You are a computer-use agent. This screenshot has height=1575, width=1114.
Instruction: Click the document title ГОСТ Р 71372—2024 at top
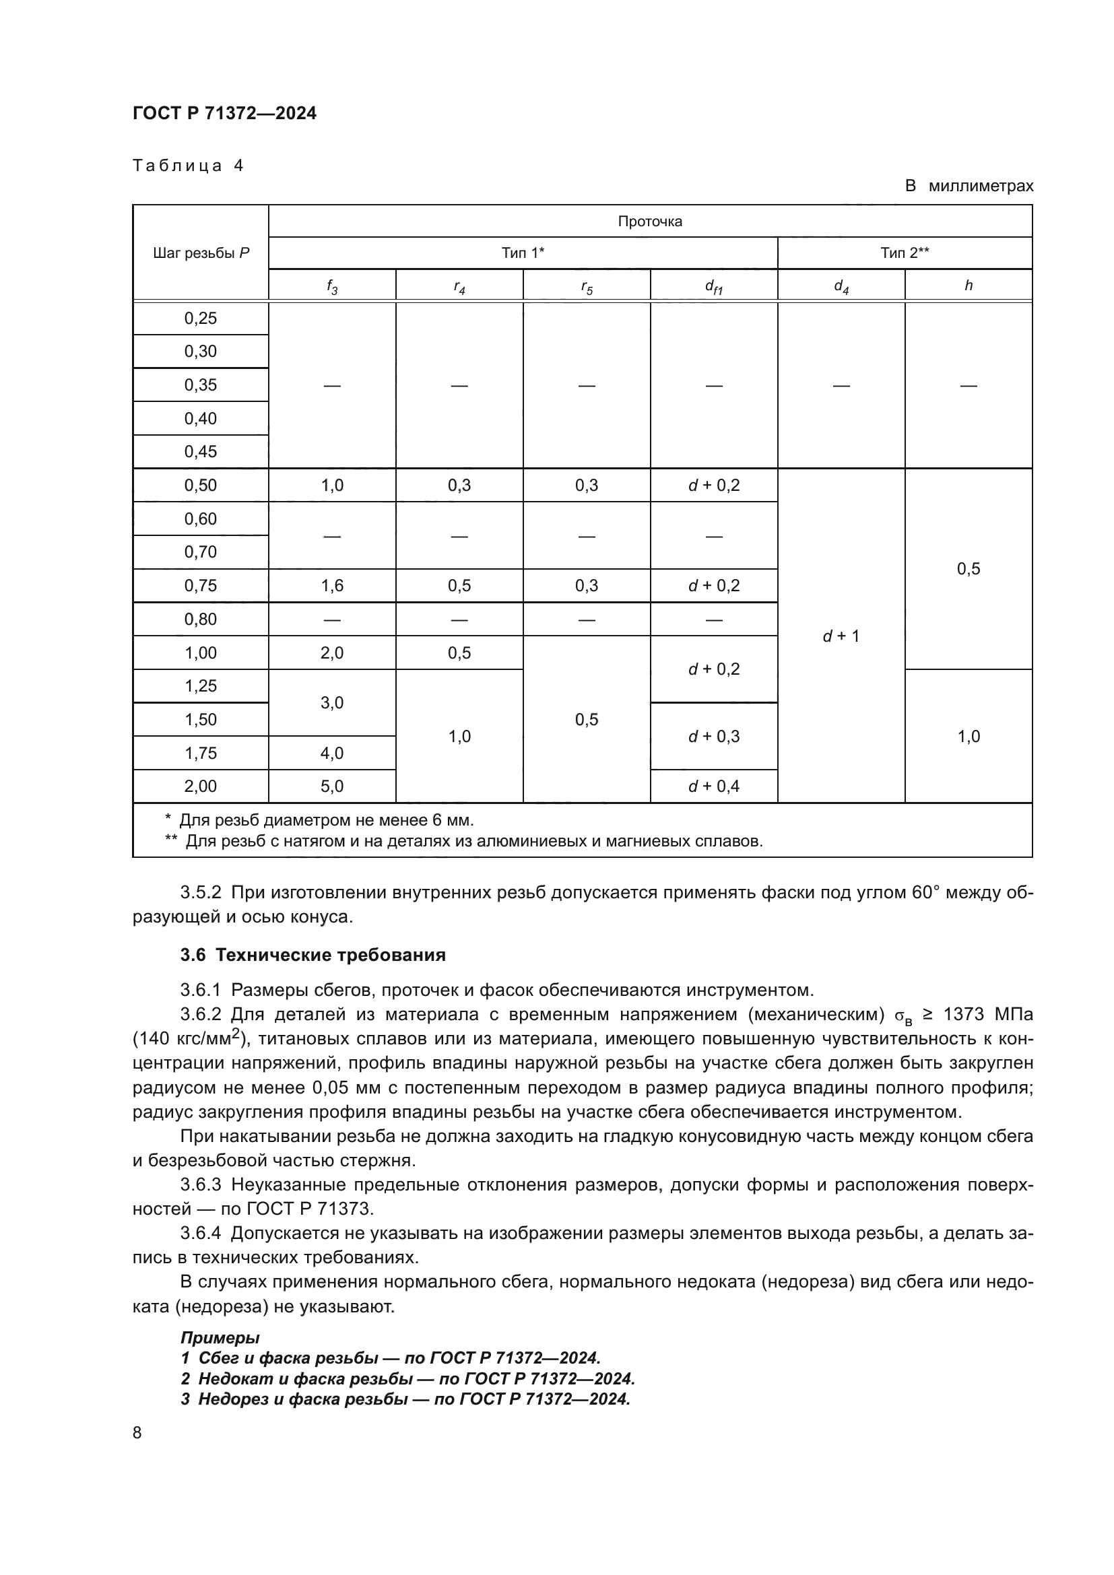pos(224,113)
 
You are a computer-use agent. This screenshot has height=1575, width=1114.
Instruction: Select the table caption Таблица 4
pos(188,166)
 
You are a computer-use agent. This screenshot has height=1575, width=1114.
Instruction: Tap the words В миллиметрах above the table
pos(968,186)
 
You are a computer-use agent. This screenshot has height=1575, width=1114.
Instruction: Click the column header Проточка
pos(649,221)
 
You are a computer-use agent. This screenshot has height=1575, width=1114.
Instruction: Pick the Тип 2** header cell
pos(904,253)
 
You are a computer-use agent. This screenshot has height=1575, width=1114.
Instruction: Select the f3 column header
pos(332,286)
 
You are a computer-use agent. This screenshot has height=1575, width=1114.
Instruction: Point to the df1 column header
pos(713,286)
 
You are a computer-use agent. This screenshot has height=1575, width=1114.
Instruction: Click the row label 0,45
pos(200,451)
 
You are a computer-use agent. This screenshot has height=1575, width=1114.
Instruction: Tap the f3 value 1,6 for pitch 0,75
pos(332,585)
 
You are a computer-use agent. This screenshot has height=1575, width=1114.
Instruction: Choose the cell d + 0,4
pos(713,786)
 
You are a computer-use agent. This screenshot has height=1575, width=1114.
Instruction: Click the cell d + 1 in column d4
pos(841,636)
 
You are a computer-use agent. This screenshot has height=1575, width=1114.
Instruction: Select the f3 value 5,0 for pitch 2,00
pos(332,786)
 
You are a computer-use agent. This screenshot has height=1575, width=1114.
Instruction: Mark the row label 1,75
pos(200,753)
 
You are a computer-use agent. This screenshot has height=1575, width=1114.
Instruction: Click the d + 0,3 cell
pos(713,736)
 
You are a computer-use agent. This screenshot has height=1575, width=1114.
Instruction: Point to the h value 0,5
pos(968,569)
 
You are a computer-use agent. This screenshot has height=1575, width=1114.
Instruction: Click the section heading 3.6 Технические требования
pos(313,955)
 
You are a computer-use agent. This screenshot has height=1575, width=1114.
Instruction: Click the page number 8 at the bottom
pos(137,1432)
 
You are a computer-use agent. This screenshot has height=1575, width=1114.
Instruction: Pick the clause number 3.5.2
pos(200,892)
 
